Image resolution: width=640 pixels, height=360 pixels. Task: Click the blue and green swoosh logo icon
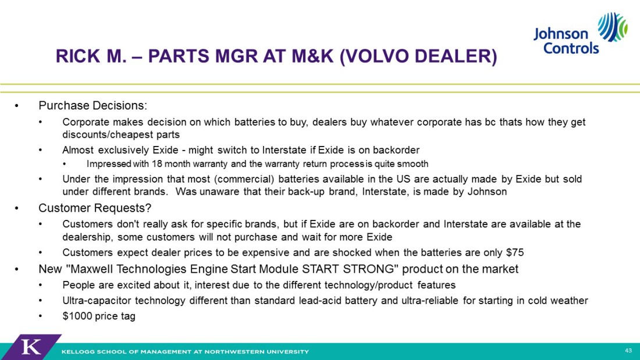click(612, 27)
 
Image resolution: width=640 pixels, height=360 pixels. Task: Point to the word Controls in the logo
click(571, 48)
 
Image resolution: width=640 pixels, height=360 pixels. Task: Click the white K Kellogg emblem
click(31, 347)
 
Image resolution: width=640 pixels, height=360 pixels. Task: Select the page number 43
click(628, 351)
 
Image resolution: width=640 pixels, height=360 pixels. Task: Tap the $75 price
click(515, 252)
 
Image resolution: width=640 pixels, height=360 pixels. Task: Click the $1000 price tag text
click(99, 316)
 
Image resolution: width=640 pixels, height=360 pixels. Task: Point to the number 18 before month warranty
click(157, 164)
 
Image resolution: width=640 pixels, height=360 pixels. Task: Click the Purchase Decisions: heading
click(93, 106)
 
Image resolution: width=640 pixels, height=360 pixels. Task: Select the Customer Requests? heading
click(95, 208)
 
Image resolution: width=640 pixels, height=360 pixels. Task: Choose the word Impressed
click(109, 164)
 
